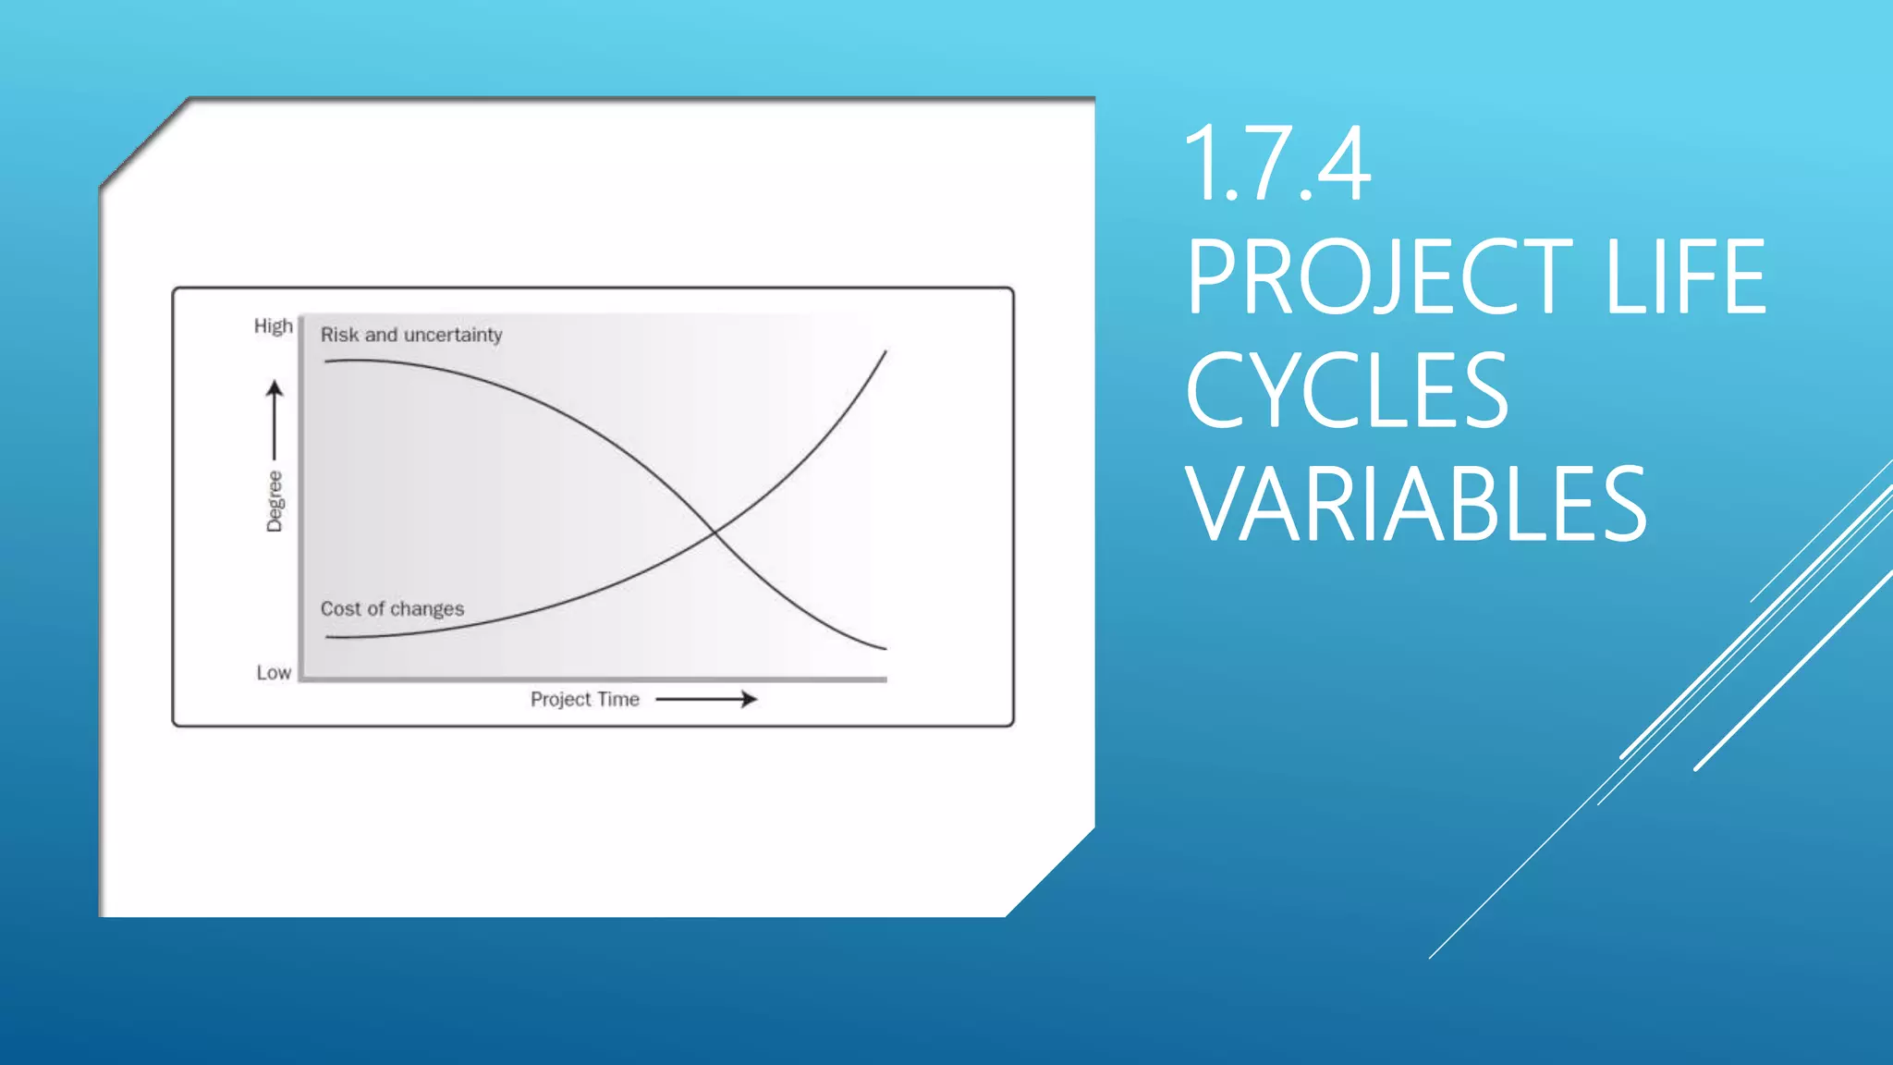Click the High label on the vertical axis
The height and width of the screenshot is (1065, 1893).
coord(273,326)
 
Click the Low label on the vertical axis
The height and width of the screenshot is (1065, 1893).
coord(274,673)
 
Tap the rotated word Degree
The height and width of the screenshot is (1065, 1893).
coord(275,501)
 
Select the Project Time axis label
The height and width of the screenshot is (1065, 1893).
coord(584,700)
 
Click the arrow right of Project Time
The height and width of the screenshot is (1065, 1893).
coord(706,700)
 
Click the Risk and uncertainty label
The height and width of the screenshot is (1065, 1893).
coord(411,335)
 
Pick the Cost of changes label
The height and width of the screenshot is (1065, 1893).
coord(392,609)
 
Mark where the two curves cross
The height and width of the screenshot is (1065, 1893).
coord(714,532)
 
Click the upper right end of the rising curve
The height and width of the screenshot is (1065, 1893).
coord(885,352)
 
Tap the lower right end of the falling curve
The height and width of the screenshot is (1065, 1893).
coord(884,648)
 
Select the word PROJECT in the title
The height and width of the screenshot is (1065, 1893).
coord(1378,276)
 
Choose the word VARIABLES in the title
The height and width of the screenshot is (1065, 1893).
coord(1416,505)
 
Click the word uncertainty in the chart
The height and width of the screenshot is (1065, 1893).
coord(453,335)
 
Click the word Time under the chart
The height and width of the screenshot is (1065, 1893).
coord(618,700)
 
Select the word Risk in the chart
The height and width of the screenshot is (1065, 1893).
coord(339,335)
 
